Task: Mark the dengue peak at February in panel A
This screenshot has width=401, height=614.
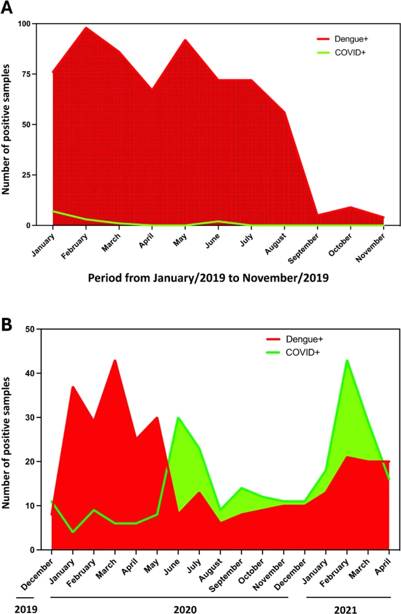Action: pyautogui.click(x=86, y=28)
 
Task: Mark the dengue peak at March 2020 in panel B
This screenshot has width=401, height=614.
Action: pyautogui.click(x=115, y=360)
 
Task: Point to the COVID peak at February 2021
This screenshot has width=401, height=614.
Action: pyautogui.click(x=347, y=360)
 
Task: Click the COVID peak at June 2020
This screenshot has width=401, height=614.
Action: pyautogui.click(x=179, y=418)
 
